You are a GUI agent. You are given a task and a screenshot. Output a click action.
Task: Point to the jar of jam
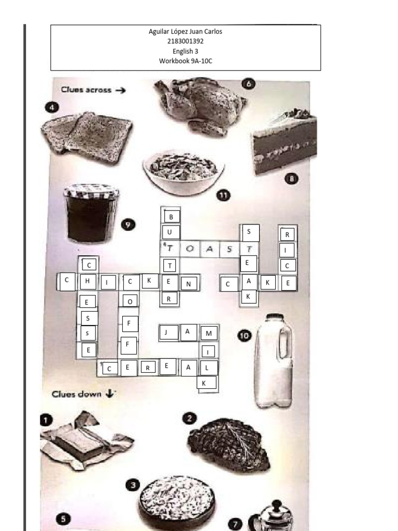click(91, 212)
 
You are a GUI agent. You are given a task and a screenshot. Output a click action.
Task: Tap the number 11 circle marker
click(223, 195)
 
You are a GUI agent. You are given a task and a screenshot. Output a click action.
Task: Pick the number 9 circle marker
click(127, 225)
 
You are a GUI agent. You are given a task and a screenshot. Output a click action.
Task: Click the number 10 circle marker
click(244, 337)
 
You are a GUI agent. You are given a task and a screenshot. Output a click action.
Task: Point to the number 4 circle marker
click(51, 107)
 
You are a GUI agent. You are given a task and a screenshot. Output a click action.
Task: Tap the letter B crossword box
click(172, 216)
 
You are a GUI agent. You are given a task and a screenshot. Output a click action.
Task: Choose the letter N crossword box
click(189, 283)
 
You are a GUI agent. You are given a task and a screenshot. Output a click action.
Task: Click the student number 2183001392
click(186, 41)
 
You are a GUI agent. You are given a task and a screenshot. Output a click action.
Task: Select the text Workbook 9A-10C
click(186, 61)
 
